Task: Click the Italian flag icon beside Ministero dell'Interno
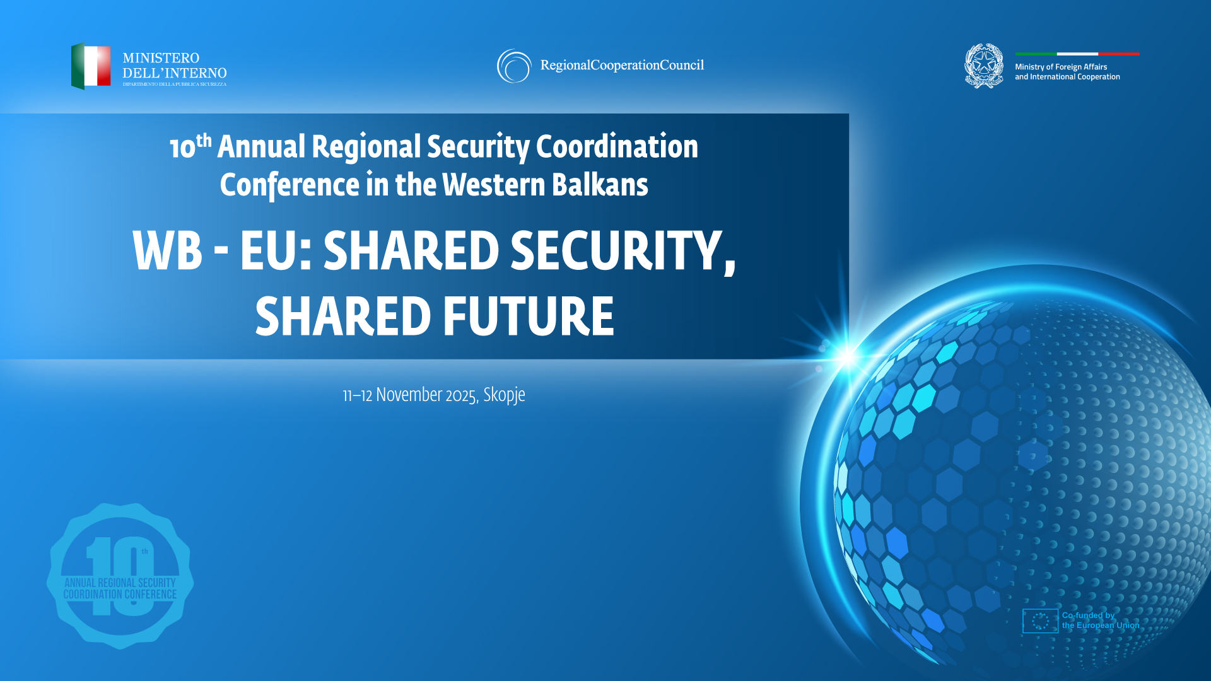pos(91,66)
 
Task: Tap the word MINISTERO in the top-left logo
pos(161,58)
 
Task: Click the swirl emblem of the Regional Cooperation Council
pos(514,66)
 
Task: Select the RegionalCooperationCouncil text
pos(622,66)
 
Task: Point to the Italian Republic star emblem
pos(984,66)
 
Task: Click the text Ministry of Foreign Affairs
pos(1061,67)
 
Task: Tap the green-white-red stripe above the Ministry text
pos(1077,54)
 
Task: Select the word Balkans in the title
pos(600,185)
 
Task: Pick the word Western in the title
pos(493,185)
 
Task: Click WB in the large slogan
pos(167,251)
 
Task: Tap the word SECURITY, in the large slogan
pos(623,251)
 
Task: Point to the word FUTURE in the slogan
pos(529,317)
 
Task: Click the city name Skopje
pos(504,395)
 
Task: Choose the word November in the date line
pos(409,395)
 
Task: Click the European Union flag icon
pos(1040,621)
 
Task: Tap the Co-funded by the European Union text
pos(1100,620)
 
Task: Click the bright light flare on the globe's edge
pos(847,357)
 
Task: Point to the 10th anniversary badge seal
pos(120,576)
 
